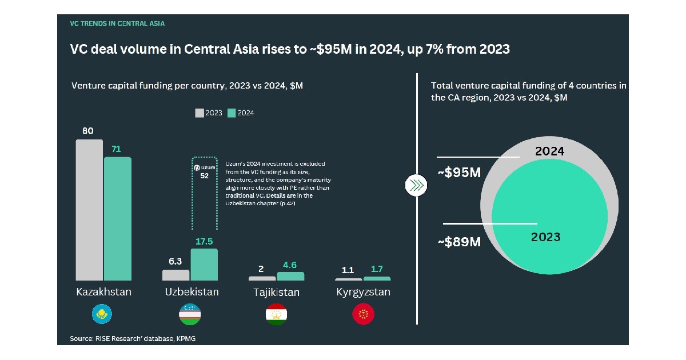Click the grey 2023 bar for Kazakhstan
(x=89, y=210)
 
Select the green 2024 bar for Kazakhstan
(x=117, y=218)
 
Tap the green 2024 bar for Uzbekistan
(x=204, y=264)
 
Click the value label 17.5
(x=204, y=242)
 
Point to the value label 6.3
(x=175, y=262)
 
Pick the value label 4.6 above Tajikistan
(x=290, y=265)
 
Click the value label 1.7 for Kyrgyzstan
(x=377, y=269)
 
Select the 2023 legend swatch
(x=200, y=113)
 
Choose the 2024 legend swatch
(x=232, y=113)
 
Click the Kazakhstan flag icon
(x=103, y=314)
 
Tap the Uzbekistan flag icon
(x=190, y=314)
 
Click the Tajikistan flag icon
(x=276, y=314)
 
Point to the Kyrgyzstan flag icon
(x=363, y=314)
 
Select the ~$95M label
(x=459, y=173)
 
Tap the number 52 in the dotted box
(x=204, y=177)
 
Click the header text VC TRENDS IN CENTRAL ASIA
(x=117, y=24)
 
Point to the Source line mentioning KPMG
(x=136, y=339)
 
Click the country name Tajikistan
(x=276, y=293)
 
